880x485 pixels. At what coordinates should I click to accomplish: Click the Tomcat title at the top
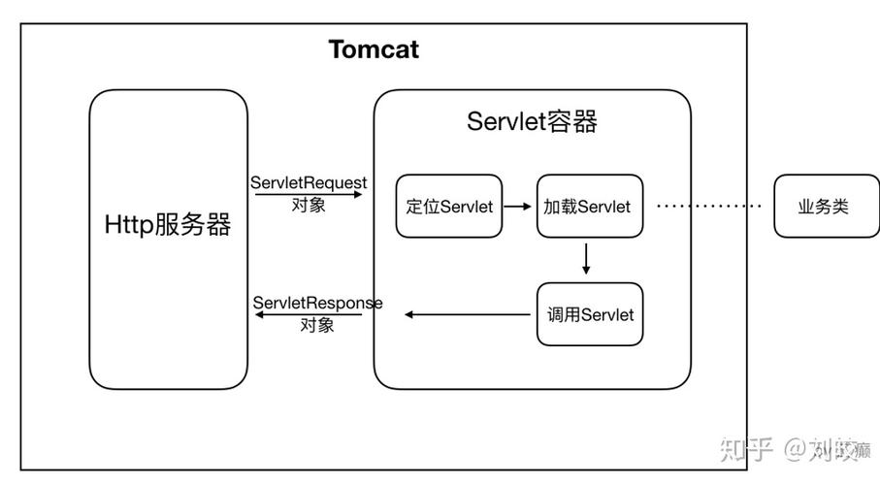tap(374, 49)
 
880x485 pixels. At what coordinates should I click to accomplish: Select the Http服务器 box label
tap(168, 225)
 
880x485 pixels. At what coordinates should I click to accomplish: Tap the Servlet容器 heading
tap(532, 121)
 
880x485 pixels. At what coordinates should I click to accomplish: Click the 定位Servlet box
tap(449, 207)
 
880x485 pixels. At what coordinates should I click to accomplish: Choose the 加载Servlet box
tap(589, 207)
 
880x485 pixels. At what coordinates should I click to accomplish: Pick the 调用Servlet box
tap(589, 314)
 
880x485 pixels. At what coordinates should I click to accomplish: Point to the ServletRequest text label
tap(309, 182)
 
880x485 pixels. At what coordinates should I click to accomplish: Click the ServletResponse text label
tap(317, 303)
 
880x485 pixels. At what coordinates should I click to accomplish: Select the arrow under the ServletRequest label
tap(309, 194)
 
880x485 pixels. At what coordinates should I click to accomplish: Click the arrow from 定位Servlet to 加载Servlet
tap(519, 207)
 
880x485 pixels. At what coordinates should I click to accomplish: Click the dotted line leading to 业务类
tap(709, 207)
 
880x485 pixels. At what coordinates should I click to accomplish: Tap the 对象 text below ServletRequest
tap(309, 206)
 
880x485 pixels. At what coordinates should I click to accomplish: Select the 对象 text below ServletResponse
tap(317, 326)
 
